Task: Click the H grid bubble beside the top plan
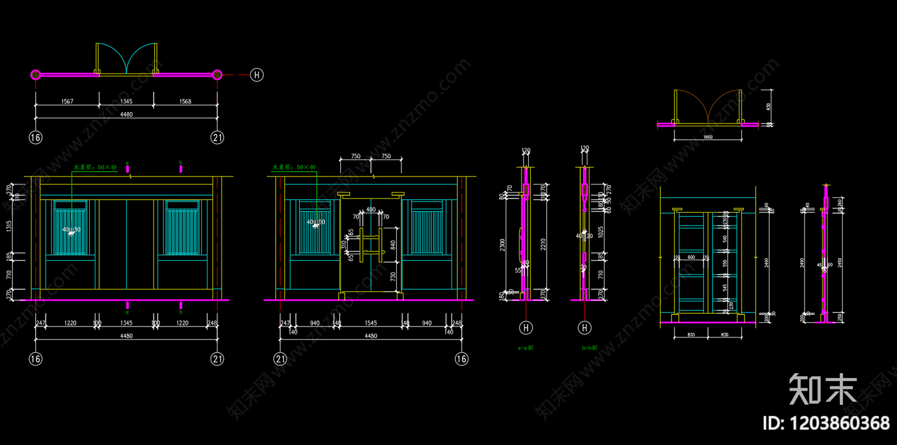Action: coord(257,75)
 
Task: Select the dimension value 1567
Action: coord(67,102)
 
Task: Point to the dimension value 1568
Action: coord(185,102)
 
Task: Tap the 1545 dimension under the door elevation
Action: coord(371,323)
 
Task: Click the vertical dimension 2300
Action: coord(503,245)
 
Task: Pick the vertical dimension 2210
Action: coord(543,245)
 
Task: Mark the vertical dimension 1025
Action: coord(600,232)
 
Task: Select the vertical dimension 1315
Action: coord(9,226)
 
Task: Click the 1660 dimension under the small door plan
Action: coord(708,137)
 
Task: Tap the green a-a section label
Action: coord(525,348)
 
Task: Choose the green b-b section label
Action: coord(589,348)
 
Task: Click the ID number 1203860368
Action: coord(826,423)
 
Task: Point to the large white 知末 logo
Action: coord(823,389)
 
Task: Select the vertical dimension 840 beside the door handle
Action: coord(393,245)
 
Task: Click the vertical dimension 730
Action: coord(393,277)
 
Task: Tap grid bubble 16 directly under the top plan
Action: coord(35,137)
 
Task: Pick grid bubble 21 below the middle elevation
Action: coord(280,359)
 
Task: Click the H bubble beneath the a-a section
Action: coord(526,328)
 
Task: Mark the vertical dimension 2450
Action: coord(839,263)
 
